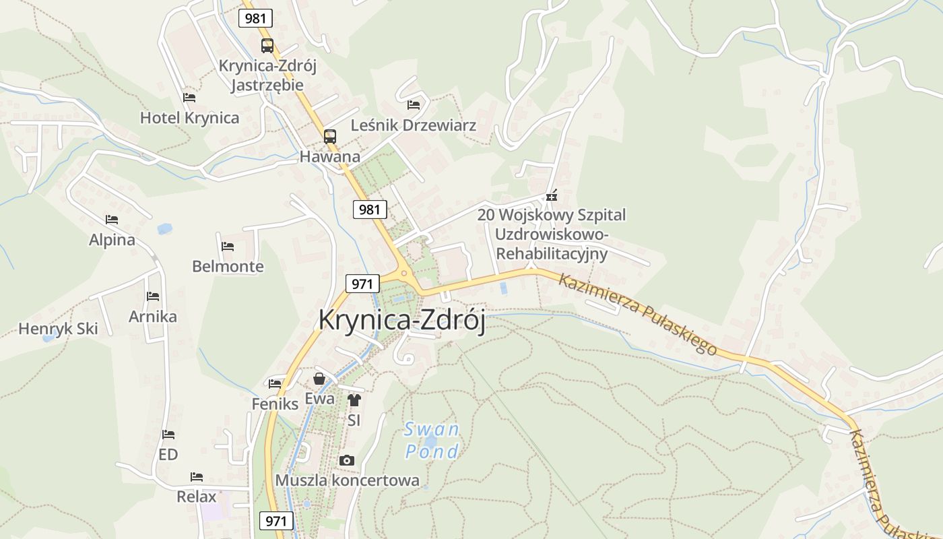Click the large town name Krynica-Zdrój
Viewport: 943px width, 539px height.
(x=401, y=320)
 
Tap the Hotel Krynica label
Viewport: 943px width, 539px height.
(x=189, y=118)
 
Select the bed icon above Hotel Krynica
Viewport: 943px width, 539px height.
(x=189, y=98)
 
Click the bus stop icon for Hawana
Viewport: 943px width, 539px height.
(x=329, y=136)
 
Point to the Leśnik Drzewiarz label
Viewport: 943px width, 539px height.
(x=414, y=125)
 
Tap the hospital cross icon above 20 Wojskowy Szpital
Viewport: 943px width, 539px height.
(x=552, y=197)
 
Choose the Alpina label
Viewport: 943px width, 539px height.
(x=112, y=240)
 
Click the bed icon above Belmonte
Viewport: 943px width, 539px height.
(x=228, y=247)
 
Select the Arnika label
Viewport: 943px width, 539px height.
(x=153, y=317)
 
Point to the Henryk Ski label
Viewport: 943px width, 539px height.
(x=58, y=329)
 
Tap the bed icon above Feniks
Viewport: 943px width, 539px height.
(x=275, y=384)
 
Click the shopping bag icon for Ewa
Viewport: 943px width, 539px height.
(x=319, y=379)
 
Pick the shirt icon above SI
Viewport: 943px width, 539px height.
(x=354, y=400)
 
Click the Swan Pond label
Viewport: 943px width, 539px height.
(x=432, y=440)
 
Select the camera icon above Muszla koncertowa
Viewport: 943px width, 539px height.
(x=347, y=461)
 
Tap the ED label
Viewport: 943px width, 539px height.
(x=168, y=455)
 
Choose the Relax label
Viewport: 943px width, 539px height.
(x=197, y=497)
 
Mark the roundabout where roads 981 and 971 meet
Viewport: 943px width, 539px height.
(x=404, y=274)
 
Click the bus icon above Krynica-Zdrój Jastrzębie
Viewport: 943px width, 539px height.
(x=267, y=46)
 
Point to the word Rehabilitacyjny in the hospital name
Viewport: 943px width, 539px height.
(x=552, y=254)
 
